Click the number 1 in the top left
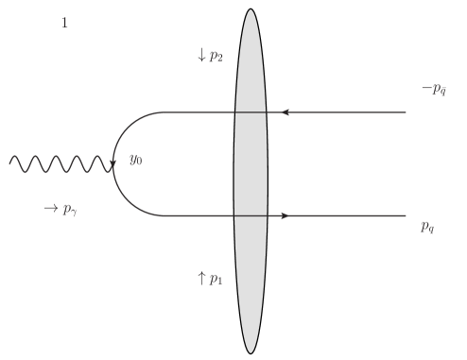tap(64, 23)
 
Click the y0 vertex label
tap(136, 160)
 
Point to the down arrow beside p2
tap(201, 56)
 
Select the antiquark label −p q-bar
tap(433, 90)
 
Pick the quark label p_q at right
tap(428, 228)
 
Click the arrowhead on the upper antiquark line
tap(285, 112)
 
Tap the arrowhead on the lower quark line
tap(285, 216)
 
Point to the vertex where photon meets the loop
tap(113, 164)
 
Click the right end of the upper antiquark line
tap(406, 112)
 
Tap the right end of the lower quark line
tap(406, 216)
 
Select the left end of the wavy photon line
tap(10, 164)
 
